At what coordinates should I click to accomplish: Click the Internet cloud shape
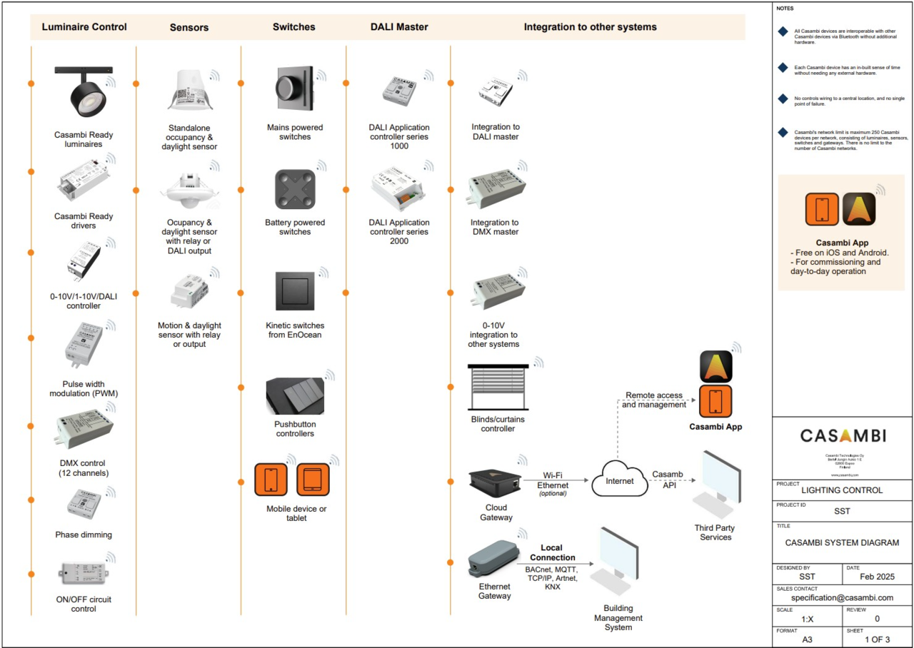(x=619, y=480)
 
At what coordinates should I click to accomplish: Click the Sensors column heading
(x=189, y=27)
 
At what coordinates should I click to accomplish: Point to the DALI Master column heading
(x=399, y=27)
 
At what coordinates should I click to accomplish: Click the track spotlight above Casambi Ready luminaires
(x=84, y=91)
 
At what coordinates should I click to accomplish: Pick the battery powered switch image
(x=295, y=189)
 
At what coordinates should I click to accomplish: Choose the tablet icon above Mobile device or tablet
(x=313, y=480)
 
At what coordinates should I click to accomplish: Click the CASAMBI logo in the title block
(x=843, y=435)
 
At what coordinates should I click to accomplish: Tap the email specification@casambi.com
(x=843, y=597)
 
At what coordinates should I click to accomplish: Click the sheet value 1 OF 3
(x=877, y=639)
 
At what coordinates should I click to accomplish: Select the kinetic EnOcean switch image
(x=295, y=291)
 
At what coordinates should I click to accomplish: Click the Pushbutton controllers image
(x=295, y=396)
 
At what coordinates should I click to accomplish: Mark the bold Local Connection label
(x=553, y=552)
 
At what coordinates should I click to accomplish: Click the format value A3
(x=807, y=639)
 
